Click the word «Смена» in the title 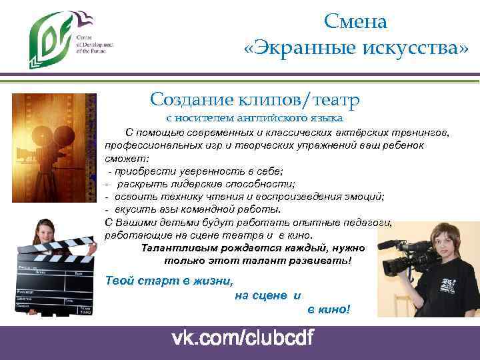tap(355, 21)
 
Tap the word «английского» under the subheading tap(276, 119)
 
